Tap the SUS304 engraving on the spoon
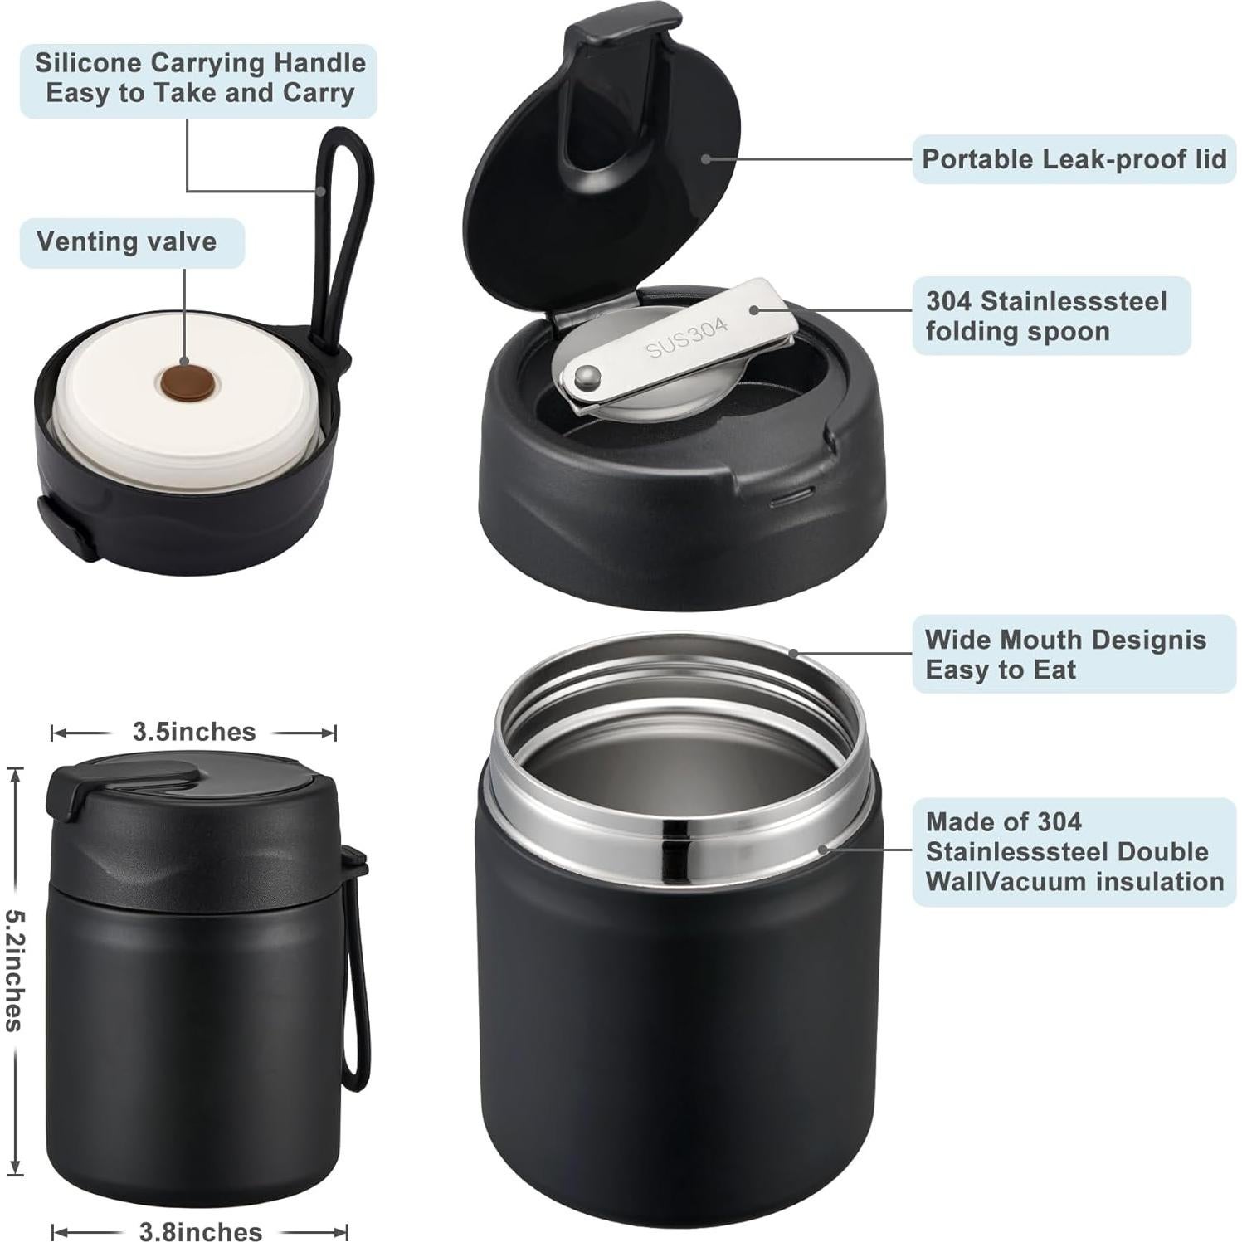tap(687, 338)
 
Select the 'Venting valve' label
tap(127, 242)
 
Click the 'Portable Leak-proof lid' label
tap(1074, 159)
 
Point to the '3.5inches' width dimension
tap(194, 732)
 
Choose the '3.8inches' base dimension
tap(201, 1230)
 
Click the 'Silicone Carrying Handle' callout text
tap(199, 78)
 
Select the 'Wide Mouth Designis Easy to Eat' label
tap(1065, 655)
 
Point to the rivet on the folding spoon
tap(589, 377)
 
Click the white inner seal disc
tap(124, 415)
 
